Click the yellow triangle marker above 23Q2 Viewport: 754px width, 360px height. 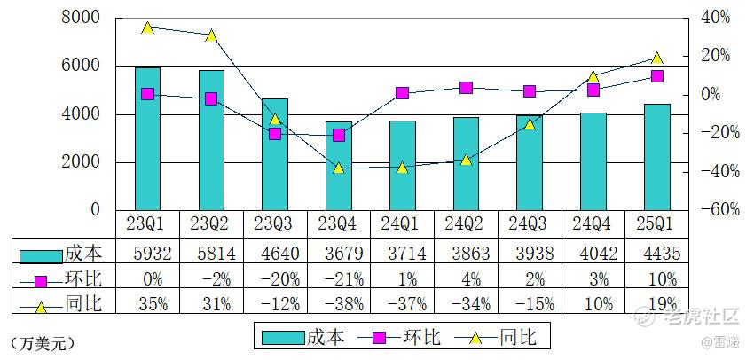point(211,35)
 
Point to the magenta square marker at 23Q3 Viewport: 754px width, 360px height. point(275,133)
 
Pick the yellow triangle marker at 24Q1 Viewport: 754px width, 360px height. point(402,167)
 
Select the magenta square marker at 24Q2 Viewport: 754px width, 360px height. point(466,88)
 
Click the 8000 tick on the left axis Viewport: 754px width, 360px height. point(82,18)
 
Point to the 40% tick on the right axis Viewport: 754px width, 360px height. point(714,18)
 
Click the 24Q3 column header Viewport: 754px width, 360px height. point(530,223)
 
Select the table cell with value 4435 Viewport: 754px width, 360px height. point(656,254)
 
